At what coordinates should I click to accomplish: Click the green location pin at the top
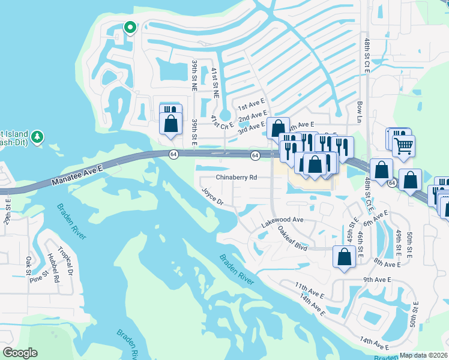tap(129, 28)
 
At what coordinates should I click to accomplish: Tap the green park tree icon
tap(37, 137)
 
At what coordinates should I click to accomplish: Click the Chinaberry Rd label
tap(237, 178)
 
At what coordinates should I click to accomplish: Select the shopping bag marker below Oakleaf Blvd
tap(344, 257)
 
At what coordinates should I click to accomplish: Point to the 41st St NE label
tap(214, 83)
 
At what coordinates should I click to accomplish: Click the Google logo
tap(20, 353)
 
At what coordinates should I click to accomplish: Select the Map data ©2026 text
tap(423, 355)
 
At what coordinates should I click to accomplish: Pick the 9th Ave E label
tap(377, 280)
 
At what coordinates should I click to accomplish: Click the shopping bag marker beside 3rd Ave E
tap(277, 128)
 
